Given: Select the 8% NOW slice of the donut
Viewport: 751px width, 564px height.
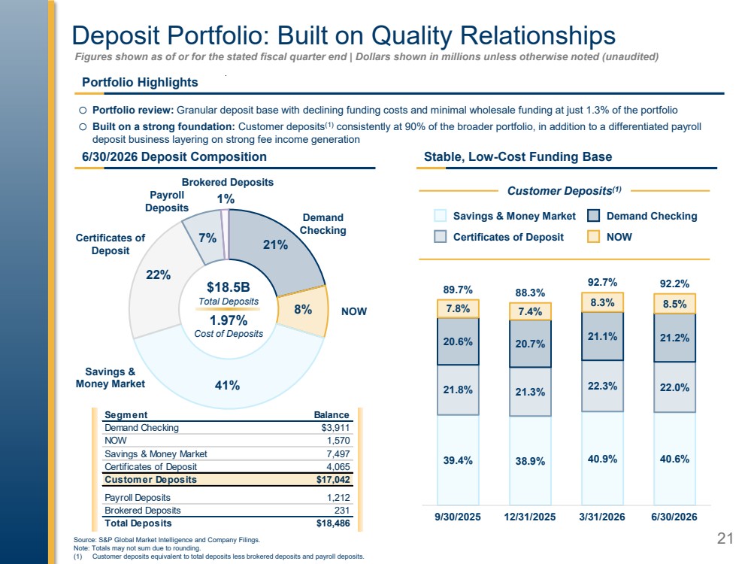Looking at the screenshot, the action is point(304,310).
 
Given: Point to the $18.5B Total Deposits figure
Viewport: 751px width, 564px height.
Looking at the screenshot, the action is point(229,287).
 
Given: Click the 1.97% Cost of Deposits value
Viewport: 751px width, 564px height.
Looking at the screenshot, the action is point(229,320).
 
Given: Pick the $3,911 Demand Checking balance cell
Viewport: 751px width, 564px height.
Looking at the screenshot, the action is point(335,427).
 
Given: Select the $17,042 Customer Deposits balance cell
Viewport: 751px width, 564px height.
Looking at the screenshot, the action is point(333,479).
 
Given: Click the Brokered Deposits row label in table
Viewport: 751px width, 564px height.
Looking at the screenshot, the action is point(143,511).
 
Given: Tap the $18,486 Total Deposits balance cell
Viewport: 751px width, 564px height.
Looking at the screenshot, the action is point(333,523).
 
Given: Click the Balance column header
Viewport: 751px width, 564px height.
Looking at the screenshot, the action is point(332,414).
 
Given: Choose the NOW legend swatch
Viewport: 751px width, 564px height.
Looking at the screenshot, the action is point(593,237).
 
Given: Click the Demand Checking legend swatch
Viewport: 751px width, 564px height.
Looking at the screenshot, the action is point(593,216).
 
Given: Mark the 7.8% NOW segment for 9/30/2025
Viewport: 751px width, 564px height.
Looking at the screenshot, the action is point(458,308).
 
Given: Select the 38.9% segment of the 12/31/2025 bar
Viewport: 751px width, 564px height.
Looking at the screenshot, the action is point(530,460).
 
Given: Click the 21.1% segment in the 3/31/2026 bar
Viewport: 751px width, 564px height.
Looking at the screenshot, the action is point(602,336).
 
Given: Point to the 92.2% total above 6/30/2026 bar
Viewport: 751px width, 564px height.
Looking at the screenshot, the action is point(674,284).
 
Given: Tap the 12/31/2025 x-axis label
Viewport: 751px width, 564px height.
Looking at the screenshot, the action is point(530,517).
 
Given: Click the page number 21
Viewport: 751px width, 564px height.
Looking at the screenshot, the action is point(725,538).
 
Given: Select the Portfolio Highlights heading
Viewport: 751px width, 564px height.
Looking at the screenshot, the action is point(140,83).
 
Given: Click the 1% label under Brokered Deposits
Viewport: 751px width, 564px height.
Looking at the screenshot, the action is point(226,199).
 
